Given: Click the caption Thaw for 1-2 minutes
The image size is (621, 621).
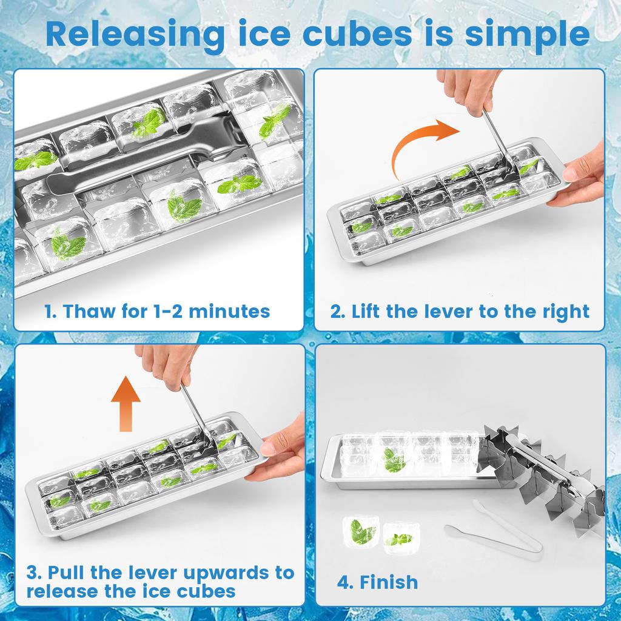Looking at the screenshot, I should click(x=158, y=312).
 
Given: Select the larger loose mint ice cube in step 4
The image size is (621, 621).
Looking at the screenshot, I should click(x=361, y=531).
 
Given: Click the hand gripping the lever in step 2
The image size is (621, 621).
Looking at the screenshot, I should click(x=471, y=91).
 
